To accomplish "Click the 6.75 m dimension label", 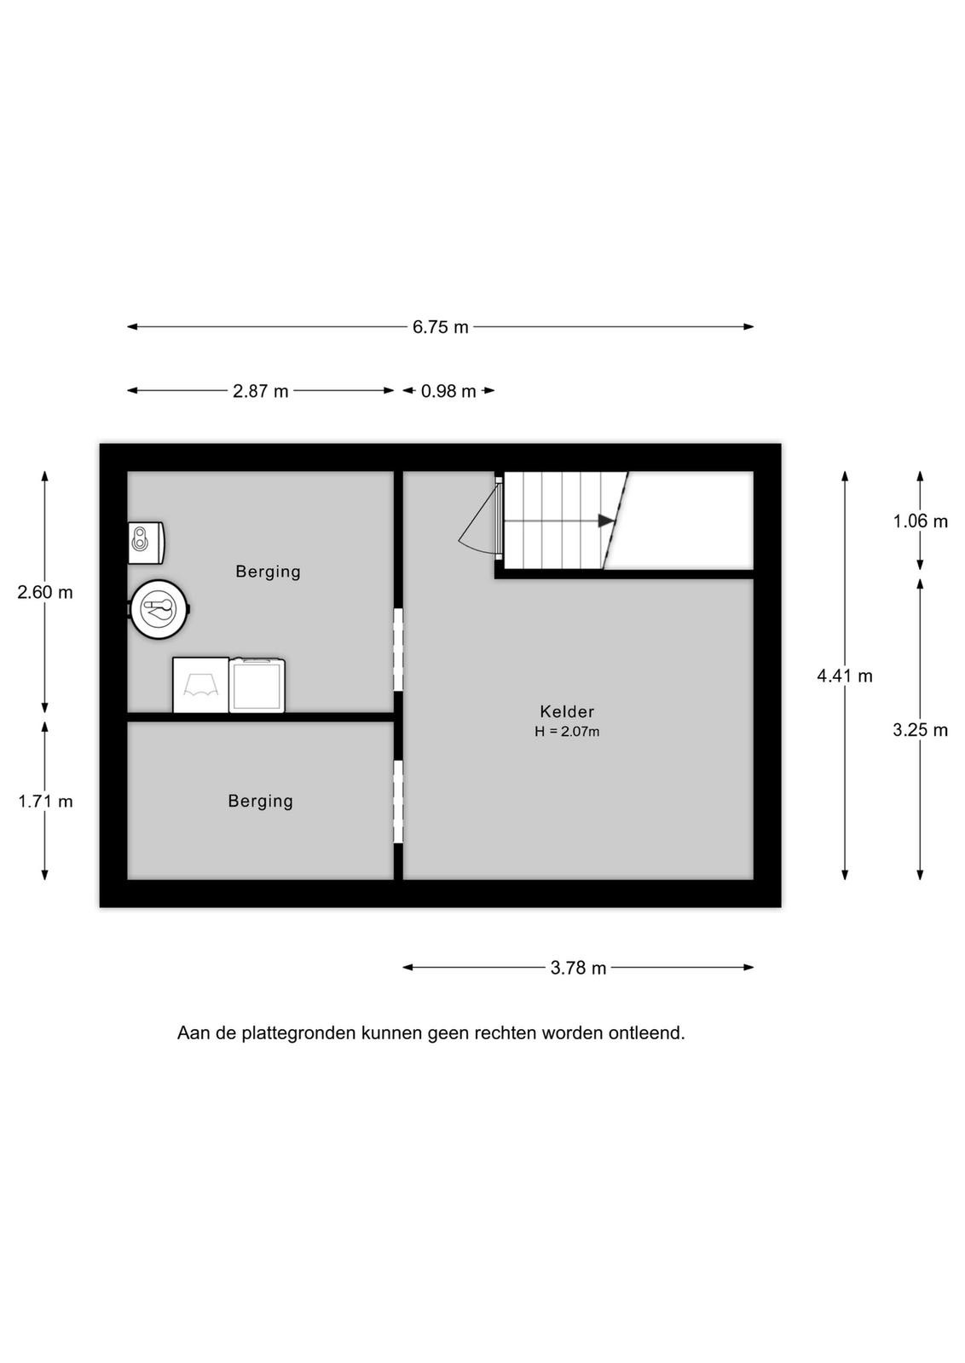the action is pyautogui.click(x=440, y=327).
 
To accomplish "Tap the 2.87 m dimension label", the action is pyautogui.click(x=261, y=391).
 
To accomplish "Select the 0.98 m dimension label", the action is pyautogui.click(x=448, y=391).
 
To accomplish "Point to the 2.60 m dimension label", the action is pyautogui.click(x=45, y=592).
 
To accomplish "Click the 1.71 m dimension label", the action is pyautogui.click(x=45, y=802).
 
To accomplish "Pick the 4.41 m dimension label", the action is pyautogui.click(x=845, y=676).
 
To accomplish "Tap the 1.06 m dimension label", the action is pyautogui.click(x=920, y=521).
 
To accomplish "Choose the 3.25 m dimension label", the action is pyautogui.click(x=920, y=729).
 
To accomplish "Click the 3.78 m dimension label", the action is pyautogui.click(x=578, y=968).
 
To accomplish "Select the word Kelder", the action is pyautogui.click(x=567, y=711).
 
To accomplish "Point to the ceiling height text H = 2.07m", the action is pyautogui.click(x=567, y=732).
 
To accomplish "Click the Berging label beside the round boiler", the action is pyautogui.click(x=268, y=572).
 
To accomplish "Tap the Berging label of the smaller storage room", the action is pyautogui.click(x=261, y=802).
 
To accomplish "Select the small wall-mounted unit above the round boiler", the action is pyautogui.click(x=146, y=542).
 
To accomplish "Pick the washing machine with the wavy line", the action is pyautogui.click(x=201, y=685).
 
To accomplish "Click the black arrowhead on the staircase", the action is pyautogui.click(x=606, y=520).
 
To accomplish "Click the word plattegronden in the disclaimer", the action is pyautogui.click(x=298, y=1033).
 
